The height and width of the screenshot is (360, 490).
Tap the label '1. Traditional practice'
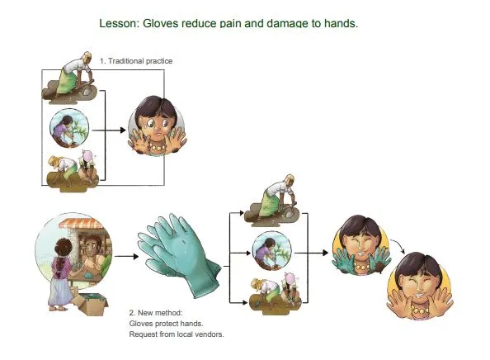pos(136,61)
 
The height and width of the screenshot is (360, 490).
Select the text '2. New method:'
pos(155,312)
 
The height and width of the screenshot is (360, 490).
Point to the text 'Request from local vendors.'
pos(177,334)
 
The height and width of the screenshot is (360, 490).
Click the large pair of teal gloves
pos(179,255)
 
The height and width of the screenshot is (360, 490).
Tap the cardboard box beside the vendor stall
pos(92,304)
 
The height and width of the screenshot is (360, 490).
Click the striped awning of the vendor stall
pos(81,223)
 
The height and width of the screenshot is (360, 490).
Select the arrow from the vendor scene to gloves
pos(126,257)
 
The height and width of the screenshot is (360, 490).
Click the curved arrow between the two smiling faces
pos(398,246)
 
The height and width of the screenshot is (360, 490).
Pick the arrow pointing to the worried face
pos(109,130)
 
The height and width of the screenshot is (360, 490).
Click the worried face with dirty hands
pos(158,126)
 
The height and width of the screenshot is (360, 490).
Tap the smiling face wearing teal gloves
pos(361,244)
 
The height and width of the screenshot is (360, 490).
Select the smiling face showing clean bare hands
pos(420,286)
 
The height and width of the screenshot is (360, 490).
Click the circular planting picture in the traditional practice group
pos(69,128)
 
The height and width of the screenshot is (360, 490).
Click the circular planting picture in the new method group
pos(271,251)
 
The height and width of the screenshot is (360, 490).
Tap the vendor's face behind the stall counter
pos(93,246)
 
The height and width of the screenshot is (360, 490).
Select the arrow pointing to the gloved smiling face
pos(311,253)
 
